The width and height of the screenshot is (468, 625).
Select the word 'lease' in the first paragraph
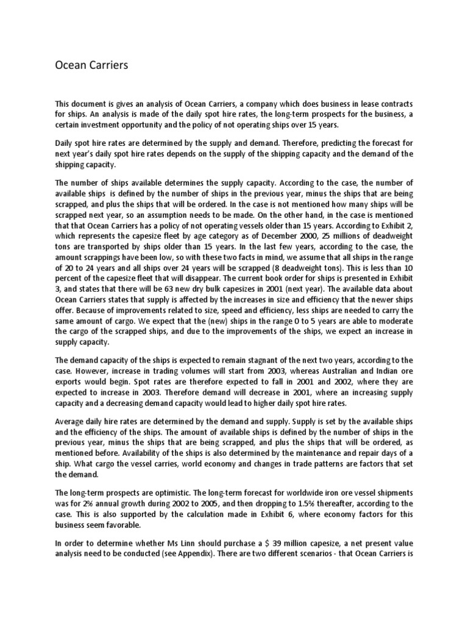pyautogui.click(x=351, y=104)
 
